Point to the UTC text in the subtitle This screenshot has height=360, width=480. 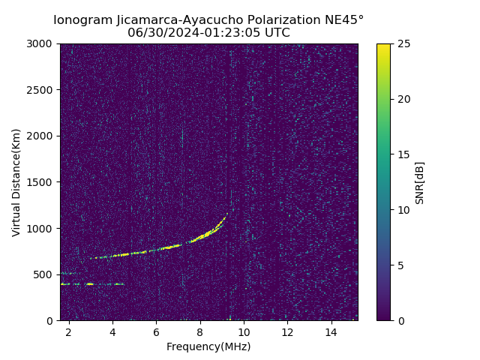[275, 33]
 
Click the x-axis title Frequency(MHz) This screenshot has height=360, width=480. [208, 346]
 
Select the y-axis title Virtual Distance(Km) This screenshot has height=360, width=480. [16, 182]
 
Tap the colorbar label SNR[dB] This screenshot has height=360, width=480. [420, 182]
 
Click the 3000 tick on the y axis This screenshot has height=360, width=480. [42, 43]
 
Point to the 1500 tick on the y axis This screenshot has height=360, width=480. [42, 182]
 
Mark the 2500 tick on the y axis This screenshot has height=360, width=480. [42, 90]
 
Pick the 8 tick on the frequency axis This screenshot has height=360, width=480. [199, 331]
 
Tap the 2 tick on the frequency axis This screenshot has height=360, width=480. [68, 331]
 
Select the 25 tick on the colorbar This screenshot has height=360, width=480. [400, 43]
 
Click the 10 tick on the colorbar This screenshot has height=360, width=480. [400, 210]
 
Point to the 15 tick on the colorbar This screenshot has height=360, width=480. [400, 154]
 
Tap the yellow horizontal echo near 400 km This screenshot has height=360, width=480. [89, 283]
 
